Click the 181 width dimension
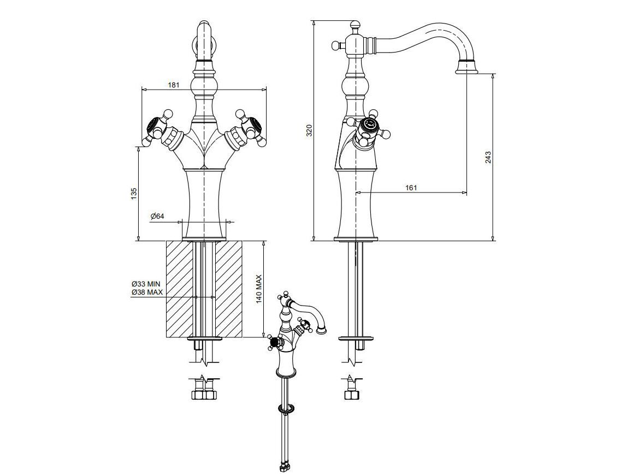pyautogui.click(x=173, y=85)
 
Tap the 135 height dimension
pyautogui.click(x=133, y=194)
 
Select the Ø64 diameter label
pyautogui.click(x=157, y=216)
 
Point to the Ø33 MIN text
pyautogui.click(x=146, y=284)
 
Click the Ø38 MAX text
pyautogui.click(x=147, y=292)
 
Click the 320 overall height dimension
pyautogui.click(x=309, y=130)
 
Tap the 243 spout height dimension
pyautogui.click(x=488, y=157)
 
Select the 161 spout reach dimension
pyautogui.click(x=411, y=188)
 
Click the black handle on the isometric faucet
pyautogui.click(x=275, y=343)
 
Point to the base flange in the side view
pyautogui.click(x=356, y=238)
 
